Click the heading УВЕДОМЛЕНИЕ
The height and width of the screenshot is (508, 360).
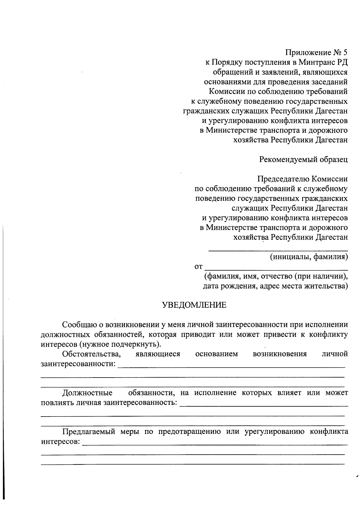pyautogui.click(x=194, y=305)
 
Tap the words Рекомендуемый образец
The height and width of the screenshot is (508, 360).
pyautogui.click(x=303, y=159)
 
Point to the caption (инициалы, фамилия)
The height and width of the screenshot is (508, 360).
pyautogui.click(x=309, y=257)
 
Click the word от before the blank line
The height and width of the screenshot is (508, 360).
pyautogui.click(x=199, y=267)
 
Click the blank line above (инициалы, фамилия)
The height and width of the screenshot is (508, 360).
pyautogui.click(x=278, y=250)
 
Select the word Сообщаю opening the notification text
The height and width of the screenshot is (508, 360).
pyautogui.click(x=78, y=325)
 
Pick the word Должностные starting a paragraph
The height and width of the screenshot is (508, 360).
pyautogui.click(x=87, y=393)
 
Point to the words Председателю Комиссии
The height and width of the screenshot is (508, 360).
pyautogui.click(x=302, y=179)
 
